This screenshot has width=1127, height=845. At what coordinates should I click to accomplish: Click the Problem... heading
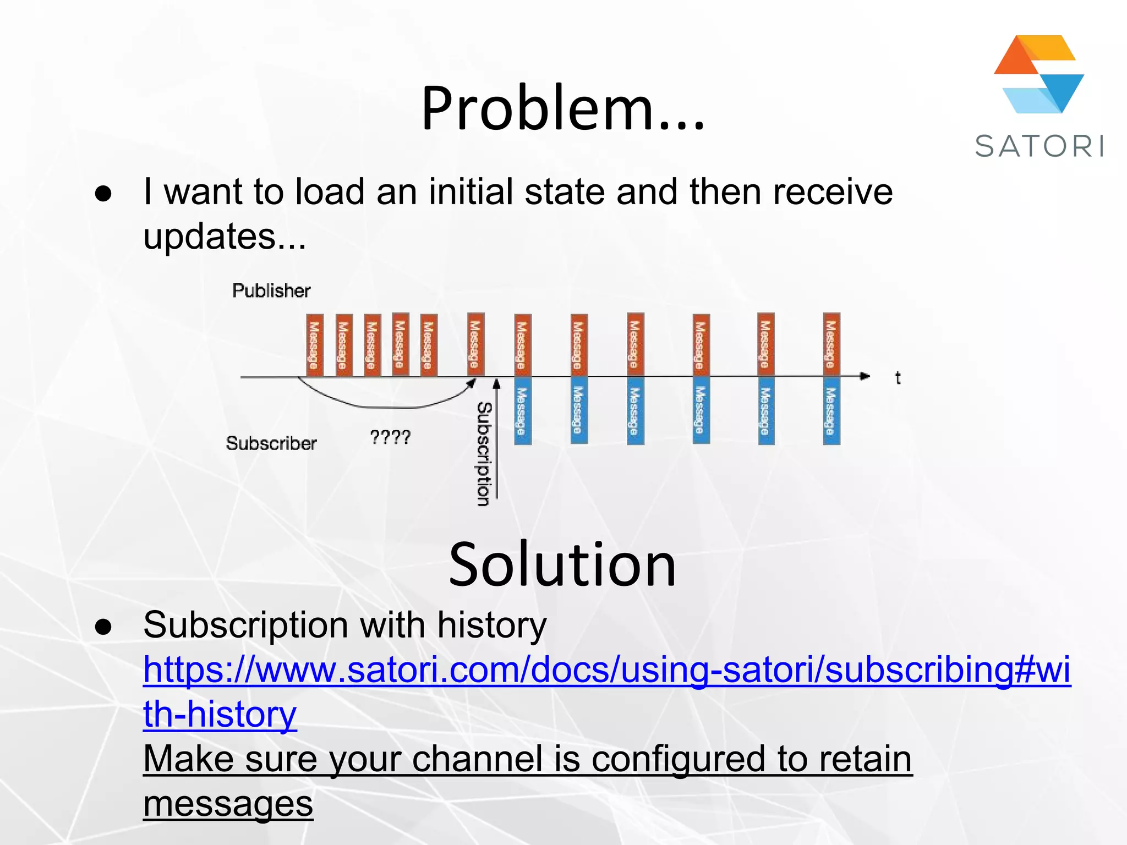tap(562, 108)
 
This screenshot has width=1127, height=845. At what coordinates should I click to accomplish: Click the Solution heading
tap(562, 565)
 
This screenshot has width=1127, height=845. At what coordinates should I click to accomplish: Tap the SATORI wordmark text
tap(1039, 147)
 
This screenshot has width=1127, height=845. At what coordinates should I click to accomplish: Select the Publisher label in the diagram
tap(271, 290)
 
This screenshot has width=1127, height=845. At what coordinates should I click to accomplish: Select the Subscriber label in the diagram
tap(271, 443)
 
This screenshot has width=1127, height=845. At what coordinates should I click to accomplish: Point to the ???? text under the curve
tap(390, 437)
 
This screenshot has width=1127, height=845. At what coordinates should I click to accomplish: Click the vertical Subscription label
tap(484, 453)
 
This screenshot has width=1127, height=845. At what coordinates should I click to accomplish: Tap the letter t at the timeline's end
tap(898, 378)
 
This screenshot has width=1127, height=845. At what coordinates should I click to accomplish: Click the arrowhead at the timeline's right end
tap(865, 376)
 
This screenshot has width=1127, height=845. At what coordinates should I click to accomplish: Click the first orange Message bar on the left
tap(314, 345)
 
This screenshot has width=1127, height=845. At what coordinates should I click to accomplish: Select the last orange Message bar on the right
tap(831, 344)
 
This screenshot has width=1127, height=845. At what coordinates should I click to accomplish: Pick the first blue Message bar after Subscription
tap(522, 410)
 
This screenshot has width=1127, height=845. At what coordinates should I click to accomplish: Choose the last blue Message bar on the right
tap(831, 410)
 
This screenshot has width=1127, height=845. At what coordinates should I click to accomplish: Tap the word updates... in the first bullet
tap(225, 237)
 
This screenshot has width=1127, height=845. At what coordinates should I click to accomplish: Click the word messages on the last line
tap(228, 804)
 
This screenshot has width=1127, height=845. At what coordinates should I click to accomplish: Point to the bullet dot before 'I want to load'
tap(103, 194)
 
